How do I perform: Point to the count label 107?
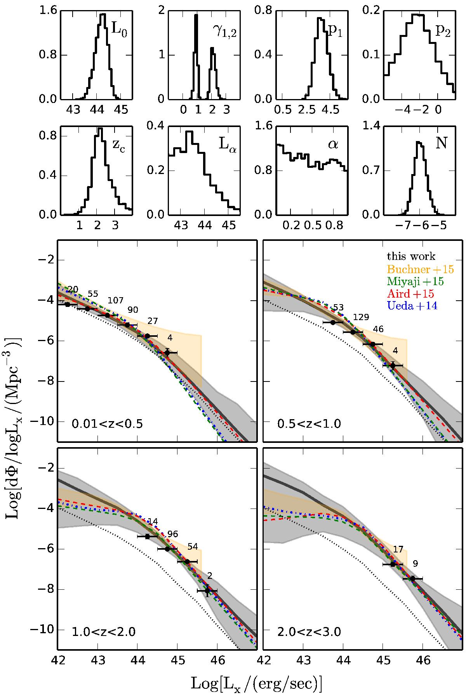coord(116,300)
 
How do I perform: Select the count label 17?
coord(398,549)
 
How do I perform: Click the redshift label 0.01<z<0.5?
coord(107,423)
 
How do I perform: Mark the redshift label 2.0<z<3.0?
coord(309,632)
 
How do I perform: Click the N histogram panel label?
coord(441,143)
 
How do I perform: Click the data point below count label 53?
coord(333,322)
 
